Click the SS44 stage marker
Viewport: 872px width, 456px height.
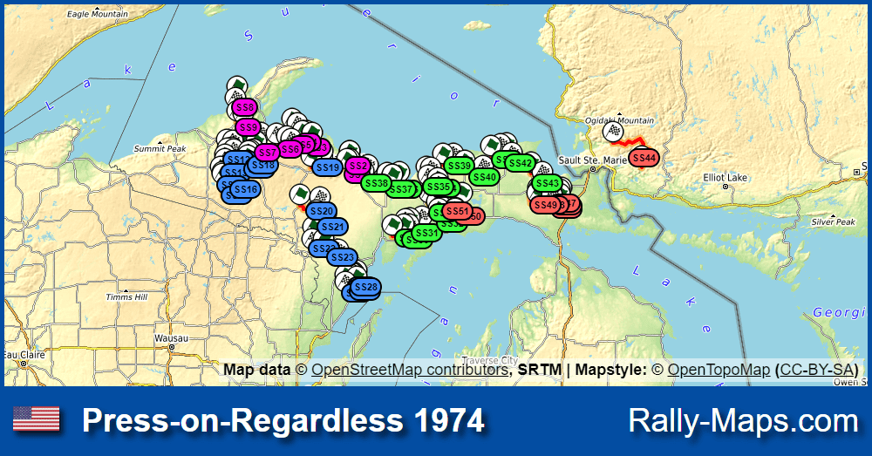(644, 158)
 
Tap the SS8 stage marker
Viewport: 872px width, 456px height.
(245, 108)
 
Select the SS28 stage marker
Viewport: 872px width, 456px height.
(366, 287)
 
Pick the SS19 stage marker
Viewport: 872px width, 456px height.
(327, 167)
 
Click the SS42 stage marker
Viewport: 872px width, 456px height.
(520, 163)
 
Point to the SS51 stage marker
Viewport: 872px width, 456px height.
(456, 211)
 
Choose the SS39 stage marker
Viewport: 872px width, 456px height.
(459, 166)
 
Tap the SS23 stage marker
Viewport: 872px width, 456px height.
(343, 257)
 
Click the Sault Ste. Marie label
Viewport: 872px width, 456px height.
(592, 160)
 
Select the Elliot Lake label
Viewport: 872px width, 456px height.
(726, 178)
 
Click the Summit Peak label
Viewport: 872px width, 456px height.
(160, 149)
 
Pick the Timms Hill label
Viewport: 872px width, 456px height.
(126, 297)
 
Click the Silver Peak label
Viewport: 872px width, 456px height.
(833, 222)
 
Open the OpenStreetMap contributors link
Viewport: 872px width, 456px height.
(409, 370)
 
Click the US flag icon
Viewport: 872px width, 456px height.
(36, 420)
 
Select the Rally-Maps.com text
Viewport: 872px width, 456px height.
(743, 421)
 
